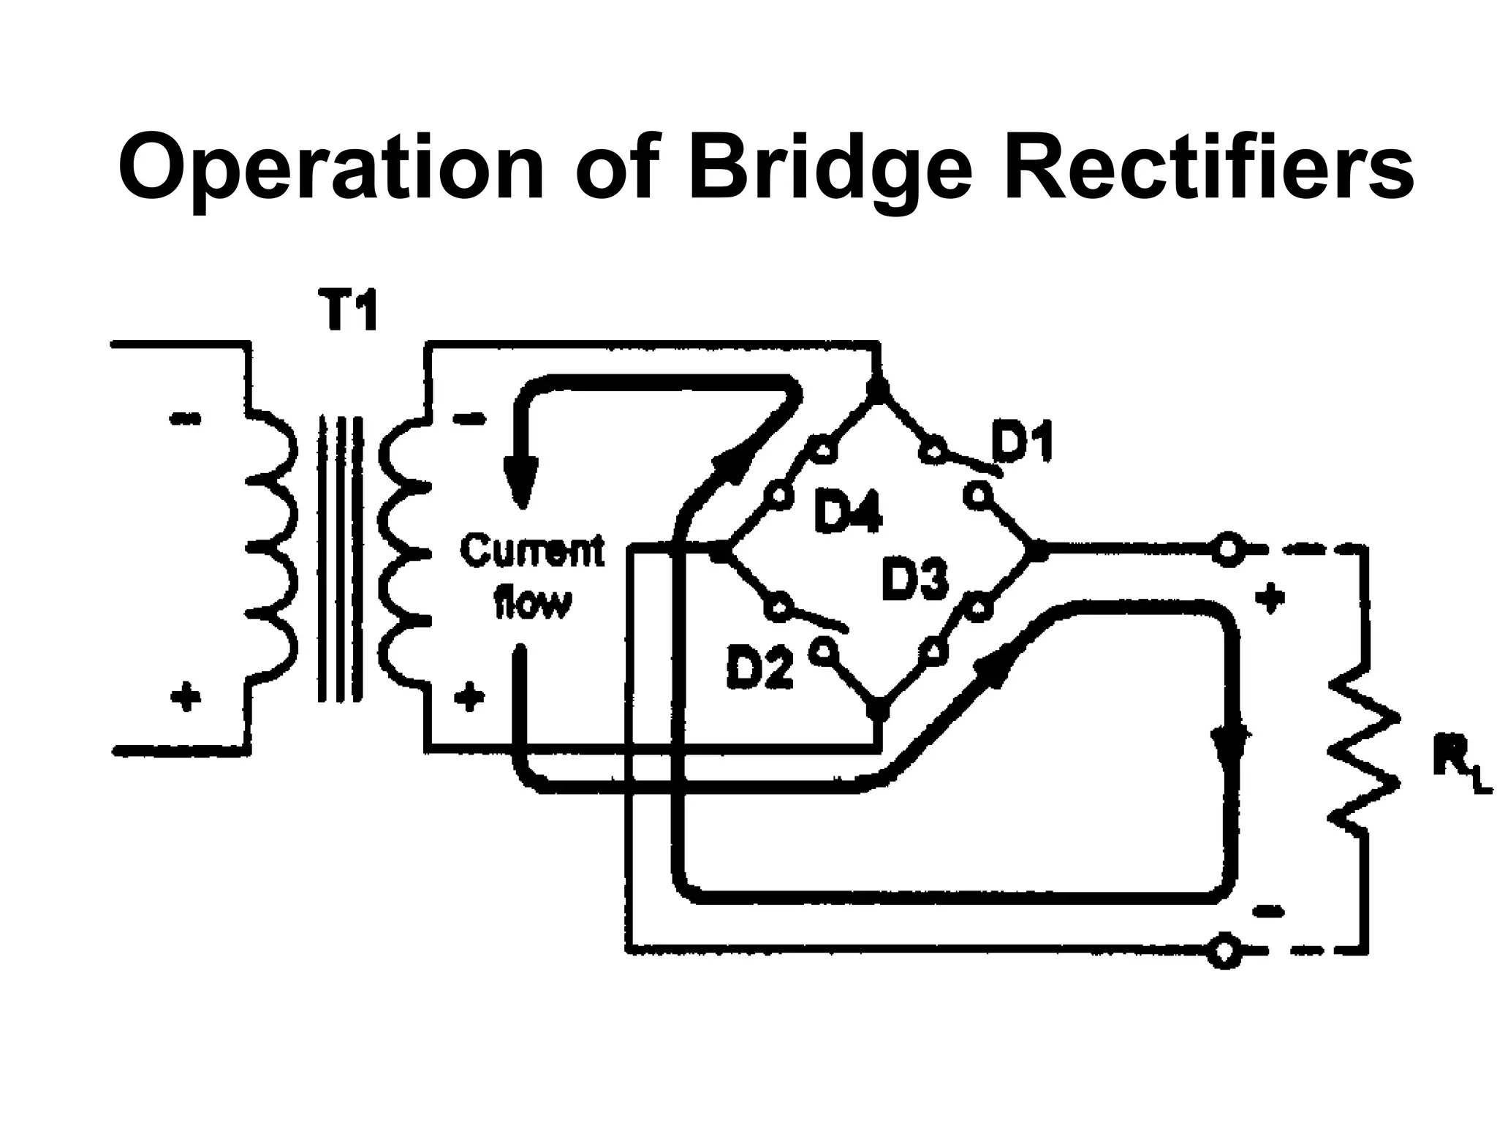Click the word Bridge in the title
tap(831, 170)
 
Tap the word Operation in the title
tap(330, 170)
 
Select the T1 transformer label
tap(349, 311)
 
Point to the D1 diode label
tap(1021, 442)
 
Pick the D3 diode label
tap(914, 578)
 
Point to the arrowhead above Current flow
tap(520, 483)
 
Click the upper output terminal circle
tap(1228, 549)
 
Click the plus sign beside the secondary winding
tap(469, 696)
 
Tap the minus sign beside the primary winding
tap(185, 419)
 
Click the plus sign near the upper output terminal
tap(1270, 597)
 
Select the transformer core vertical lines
tap(340, 559)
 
